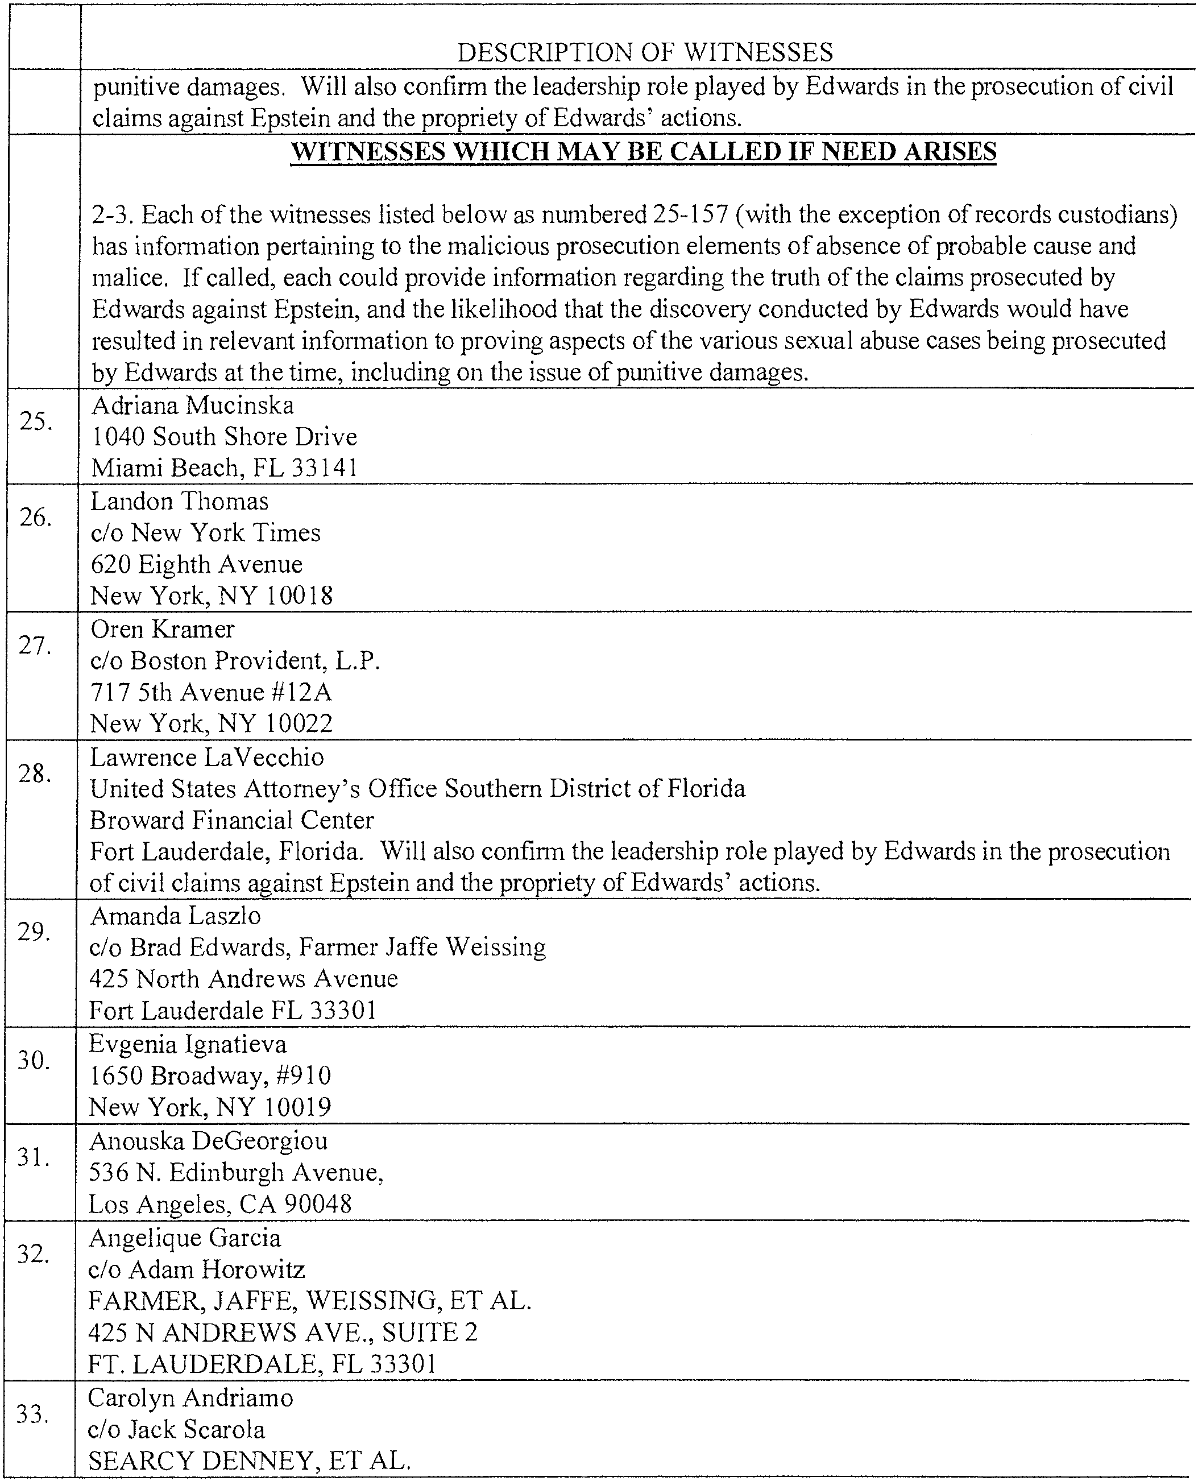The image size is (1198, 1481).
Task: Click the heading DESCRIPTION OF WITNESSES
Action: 645,52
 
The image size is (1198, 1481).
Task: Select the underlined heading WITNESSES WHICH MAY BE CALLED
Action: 643,151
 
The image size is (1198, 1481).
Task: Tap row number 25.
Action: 36,420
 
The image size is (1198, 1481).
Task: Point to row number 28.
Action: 35,774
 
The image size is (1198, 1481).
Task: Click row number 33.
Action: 32,1415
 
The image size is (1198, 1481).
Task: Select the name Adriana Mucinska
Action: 193,405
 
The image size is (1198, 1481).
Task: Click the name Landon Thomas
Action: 180,501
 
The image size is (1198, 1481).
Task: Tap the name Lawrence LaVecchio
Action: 207,758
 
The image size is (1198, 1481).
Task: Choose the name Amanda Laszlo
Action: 175,916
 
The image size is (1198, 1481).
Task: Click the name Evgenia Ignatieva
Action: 188,1044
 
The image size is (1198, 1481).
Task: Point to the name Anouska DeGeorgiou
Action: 209,1141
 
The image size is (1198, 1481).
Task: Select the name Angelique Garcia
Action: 185,1238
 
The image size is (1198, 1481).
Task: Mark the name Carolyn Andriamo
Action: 190,1397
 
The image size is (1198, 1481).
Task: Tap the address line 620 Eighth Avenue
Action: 197,565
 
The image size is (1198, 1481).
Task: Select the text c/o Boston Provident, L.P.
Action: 235,661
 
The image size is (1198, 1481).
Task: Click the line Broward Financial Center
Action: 232,821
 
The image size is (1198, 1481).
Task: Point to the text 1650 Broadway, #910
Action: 210,1076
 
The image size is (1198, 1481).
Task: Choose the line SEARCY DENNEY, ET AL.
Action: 249,1461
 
